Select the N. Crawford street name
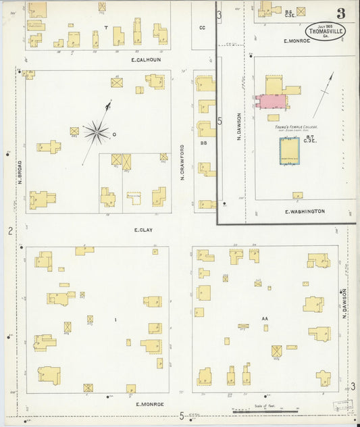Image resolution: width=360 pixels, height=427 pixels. point(182,163)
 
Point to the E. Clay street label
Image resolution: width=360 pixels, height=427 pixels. point(143,230)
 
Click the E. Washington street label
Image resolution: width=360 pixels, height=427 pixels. point(305,211)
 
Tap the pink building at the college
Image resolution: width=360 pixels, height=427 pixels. point(272,101)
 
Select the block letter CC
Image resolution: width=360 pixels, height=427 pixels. point(202,28)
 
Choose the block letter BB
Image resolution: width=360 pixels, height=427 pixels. point(203,143)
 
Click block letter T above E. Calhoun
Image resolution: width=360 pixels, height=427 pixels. point(105,28)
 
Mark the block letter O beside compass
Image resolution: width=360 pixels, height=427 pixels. point(114,134)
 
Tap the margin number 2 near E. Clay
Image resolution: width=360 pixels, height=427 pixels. point(10,232)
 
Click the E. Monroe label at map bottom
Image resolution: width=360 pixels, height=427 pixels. point(150,404)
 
